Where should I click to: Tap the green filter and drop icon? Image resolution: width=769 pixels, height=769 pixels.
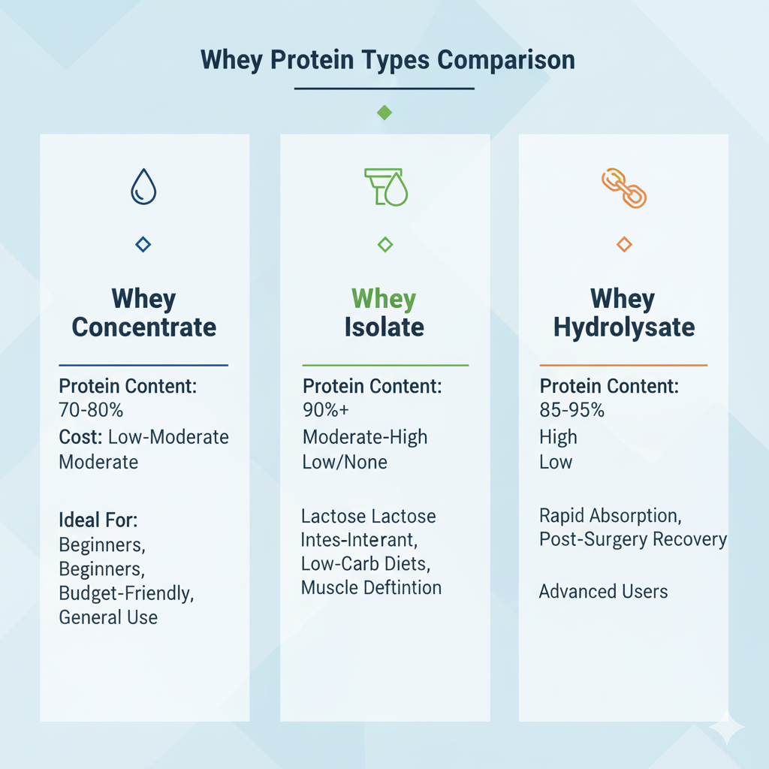[x=386, y=187]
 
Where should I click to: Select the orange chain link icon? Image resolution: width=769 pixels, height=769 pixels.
[x=624, y=188]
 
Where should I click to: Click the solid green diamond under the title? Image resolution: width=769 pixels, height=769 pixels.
[x=384, y=113]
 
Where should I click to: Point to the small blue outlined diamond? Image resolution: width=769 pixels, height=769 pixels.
[x=143, y=244]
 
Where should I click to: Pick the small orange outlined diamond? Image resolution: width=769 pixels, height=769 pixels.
[x=624, y=244]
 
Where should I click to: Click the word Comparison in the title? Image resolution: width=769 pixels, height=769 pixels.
[x=505, y=60]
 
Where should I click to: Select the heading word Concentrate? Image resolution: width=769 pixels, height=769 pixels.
[x=143, y=327]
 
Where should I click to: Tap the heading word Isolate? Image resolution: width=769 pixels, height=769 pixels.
[x=384, y=327]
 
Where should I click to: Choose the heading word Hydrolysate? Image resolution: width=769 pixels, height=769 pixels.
[x=624, y=327]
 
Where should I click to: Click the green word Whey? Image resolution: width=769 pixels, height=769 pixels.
[x=384, y=299]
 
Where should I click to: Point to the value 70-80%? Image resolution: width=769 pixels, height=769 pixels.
[x=91, y=410]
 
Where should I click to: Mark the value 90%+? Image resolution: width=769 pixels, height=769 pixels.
[x=326, y=410]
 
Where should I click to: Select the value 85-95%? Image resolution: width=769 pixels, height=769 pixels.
[x=571, y=410]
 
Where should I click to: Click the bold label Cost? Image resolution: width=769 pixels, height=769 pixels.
[x=80, y=437]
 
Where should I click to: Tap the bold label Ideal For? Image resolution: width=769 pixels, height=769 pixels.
[x=98, y=520]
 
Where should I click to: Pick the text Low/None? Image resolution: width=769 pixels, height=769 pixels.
[x=345, y=462]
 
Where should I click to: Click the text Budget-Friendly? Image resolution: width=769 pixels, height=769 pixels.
[x=126, y=593]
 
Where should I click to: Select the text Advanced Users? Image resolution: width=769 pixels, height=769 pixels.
[x=603, y=592]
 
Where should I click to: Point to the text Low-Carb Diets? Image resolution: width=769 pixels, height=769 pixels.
[x=366, y=564]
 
